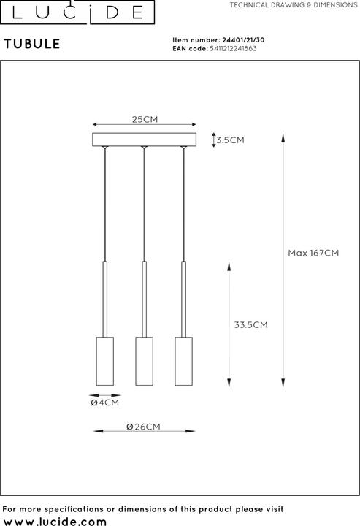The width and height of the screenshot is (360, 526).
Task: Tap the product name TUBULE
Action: [32, 44]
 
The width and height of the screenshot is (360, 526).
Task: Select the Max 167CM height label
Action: [313, 253]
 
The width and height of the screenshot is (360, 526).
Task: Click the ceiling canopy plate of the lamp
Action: [145, 139]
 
